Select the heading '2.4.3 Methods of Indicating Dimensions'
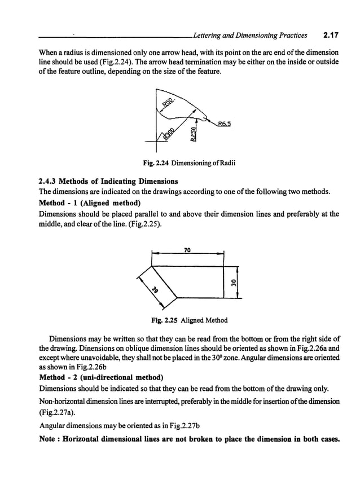click(107, 182)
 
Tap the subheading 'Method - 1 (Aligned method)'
click(89, 203)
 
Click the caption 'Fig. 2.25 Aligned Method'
click(190, 320)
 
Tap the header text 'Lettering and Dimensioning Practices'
click(250, 36)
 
